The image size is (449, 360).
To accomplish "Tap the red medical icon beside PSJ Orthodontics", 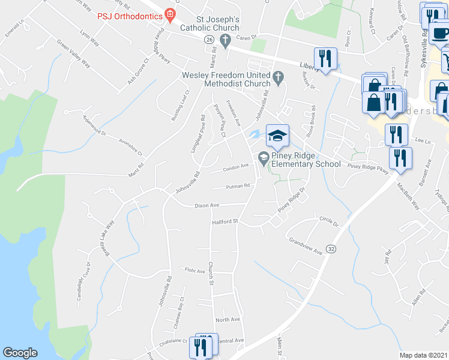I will pyautogui.click(x=170, y=13).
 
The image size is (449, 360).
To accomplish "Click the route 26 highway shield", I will pyautogui.click(x=208, y=39).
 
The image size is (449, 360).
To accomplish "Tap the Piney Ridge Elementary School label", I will pyautogui.click(x=306, y=160).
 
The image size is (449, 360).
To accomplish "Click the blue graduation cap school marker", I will pyautogui.click(x=277, y=136).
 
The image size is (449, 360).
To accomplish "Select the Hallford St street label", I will pyautogui.click(x=225, y=222).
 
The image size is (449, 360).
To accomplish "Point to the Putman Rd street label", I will pyautogui.click(x=238, y=186).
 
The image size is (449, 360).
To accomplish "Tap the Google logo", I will pyautogui.click(x=20, y=353).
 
